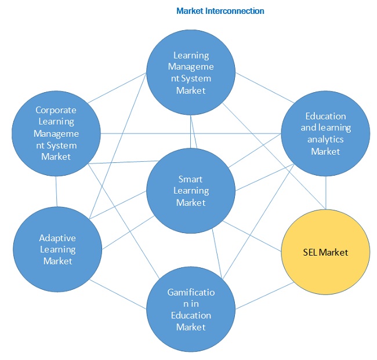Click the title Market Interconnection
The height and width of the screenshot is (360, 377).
[x=220, y=11]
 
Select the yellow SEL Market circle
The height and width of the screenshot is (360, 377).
[x=325, y=252]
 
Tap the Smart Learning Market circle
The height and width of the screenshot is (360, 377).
[x=191, y=191]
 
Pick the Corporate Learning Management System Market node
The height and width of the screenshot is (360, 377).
[x=56, y=133]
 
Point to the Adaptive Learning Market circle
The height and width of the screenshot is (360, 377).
[x=57, y=249]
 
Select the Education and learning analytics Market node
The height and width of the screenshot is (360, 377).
[x=325, y=134]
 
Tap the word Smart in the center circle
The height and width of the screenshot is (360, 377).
[x=191, y=179]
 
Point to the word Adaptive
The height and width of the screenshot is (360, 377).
[x=57, y=238]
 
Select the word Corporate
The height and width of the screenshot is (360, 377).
[x=56, y=110]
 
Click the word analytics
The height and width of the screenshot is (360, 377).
[x=325, y=140]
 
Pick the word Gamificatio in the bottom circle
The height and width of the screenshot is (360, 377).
[x=191, y=292]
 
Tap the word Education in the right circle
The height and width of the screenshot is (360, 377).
[x=326, y=117]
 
